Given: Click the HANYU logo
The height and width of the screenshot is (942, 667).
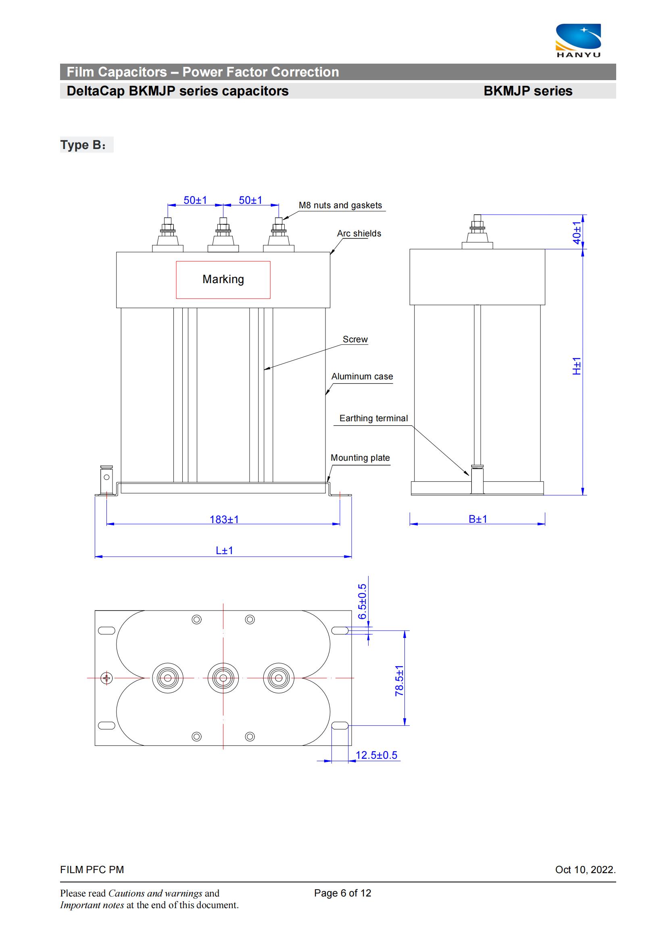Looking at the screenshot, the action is point(578,41).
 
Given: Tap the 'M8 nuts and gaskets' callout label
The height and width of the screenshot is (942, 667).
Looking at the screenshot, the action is point(340,205).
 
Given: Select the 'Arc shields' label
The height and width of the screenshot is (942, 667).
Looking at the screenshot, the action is point(359,234).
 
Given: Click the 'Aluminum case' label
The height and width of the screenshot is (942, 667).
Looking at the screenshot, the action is point(362,376).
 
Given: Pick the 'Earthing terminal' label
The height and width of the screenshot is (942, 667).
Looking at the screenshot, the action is point(373,418).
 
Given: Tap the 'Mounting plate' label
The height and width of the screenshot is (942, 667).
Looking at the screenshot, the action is point(360,458).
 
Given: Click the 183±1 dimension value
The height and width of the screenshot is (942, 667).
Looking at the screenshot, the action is point(224,520).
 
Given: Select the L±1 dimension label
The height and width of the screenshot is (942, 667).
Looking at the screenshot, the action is point(224,551).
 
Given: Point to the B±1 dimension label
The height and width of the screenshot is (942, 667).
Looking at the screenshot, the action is point(477,519).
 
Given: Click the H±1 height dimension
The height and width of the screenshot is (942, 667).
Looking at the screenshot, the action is point(577,366).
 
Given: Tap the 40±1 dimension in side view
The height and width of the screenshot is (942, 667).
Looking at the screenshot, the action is point(577,233).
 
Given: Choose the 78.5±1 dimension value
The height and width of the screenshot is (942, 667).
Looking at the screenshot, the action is point(399,681).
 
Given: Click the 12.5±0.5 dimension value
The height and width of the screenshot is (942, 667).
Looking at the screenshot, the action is point(376,755).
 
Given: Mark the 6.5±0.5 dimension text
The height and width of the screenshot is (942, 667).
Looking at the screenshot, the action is point(362,601).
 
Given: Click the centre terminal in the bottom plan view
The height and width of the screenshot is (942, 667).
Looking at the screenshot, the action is point(223,678).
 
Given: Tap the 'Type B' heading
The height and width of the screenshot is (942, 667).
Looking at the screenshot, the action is point(83,145).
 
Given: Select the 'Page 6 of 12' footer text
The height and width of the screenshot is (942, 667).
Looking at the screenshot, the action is point(342,893).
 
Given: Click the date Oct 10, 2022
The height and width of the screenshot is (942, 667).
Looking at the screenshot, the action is point(585,870).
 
